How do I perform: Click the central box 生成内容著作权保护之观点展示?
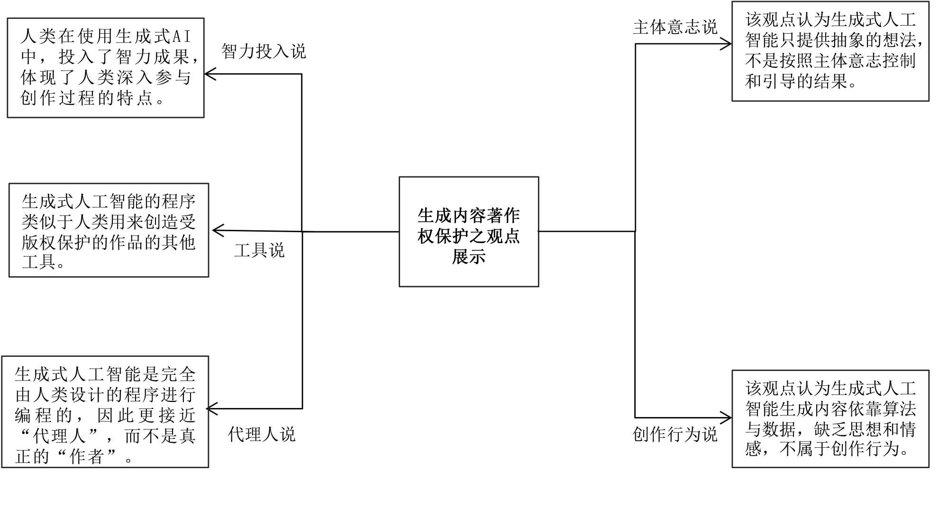point(468,232)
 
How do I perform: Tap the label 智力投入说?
point(264,51)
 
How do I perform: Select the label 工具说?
point(259,250)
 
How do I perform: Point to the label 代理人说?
point(262,434)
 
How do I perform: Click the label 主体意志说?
point(675,27)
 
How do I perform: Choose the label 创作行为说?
point(675,434)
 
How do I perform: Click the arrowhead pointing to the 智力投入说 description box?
point(210,74)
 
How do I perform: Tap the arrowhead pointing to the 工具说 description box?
point(217,231)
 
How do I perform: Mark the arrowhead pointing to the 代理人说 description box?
point(212,408)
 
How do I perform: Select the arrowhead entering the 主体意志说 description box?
point(726,44)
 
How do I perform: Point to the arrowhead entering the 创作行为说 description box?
point(726,418)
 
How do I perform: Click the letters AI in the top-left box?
point(181,36)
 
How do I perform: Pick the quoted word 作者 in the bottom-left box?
point(86,456)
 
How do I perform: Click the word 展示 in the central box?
point(468,257)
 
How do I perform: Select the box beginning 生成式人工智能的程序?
point(109,230)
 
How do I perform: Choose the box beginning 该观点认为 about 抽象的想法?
point(830,51)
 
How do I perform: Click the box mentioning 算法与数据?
point(830,419)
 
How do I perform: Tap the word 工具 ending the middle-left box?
point(39,262)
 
